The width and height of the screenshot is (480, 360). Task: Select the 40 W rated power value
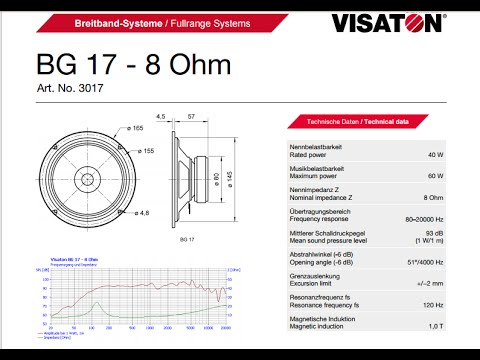[x=434, y=155]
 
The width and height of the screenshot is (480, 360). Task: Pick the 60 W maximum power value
[x=434, y=176]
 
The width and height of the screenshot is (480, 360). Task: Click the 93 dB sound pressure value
[x=434, y=233]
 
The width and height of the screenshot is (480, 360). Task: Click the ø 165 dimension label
[x=135, y=129]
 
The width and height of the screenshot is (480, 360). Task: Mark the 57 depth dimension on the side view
[x=190, y=117]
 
